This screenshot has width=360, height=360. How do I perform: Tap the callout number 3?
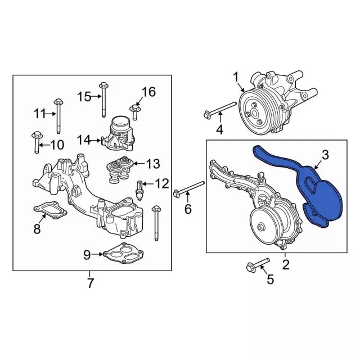[325, 155]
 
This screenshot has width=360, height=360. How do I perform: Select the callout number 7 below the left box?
[90, 283]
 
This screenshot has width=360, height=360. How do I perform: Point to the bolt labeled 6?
[189, 188]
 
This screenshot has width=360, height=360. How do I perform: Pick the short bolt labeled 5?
[256, 264]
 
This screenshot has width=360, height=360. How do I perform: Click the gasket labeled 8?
[50, 210]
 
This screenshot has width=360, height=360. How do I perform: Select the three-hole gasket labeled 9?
[124, 253]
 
